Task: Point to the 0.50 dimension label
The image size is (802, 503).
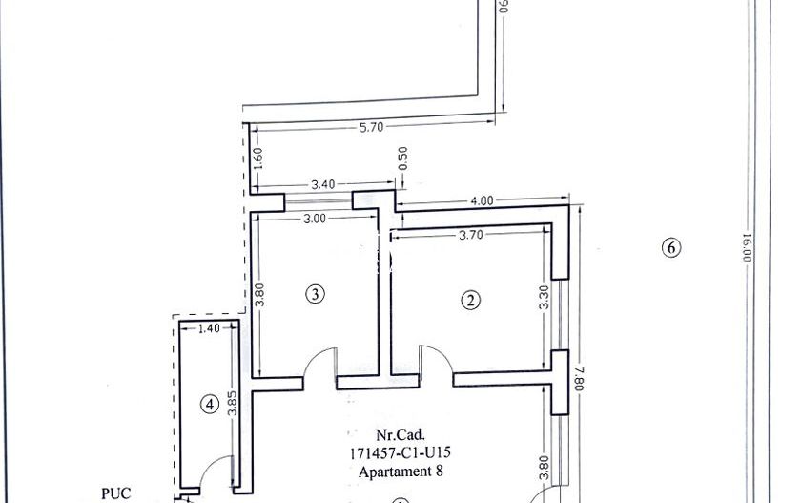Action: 402,156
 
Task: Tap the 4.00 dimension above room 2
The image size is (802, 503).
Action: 482,200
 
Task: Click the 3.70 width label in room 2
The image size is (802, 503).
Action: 469,234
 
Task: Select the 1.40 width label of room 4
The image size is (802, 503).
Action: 207,328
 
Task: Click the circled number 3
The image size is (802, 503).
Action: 316,294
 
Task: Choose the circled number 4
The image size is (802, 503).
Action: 210,404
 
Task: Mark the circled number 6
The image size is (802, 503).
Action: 670,248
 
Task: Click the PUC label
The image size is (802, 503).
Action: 114,494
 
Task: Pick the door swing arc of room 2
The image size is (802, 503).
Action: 435,361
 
